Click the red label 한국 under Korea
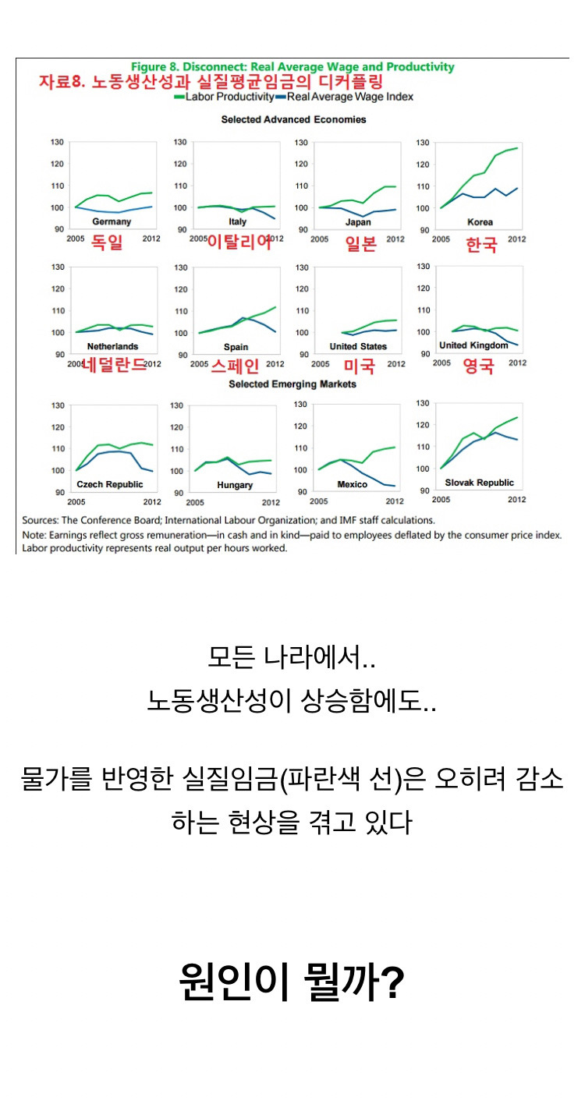481,244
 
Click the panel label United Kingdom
473,345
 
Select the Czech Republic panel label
110,484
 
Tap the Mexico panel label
352,484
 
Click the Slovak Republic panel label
479,483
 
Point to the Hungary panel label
235,485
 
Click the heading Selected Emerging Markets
292,384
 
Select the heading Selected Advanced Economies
293,119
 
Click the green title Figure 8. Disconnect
292,67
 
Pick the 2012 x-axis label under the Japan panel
395,238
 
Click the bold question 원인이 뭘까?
292,983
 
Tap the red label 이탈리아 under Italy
239,242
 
